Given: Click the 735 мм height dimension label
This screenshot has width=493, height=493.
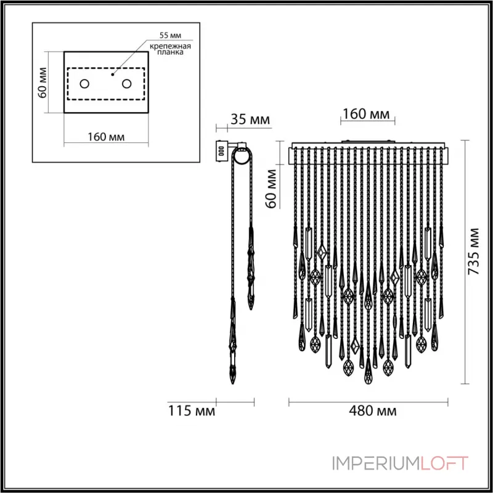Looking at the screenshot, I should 473,251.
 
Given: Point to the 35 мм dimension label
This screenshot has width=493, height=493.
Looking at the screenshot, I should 250,120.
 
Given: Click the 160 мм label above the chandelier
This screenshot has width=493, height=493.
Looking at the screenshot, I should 367,114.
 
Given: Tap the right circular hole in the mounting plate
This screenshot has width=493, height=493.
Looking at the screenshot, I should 126,83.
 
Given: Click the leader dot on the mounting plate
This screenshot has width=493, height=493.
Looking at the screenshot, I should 112,73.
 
